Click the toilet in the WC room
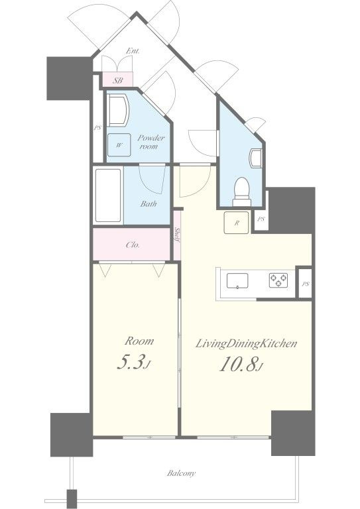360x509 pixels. [x=241, y=192]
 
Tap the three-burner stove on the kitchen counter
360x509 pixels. [x=278, y=280]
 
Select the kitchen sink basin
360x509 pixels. [x=237, y=280]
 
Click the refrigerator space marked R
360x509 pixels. [x=236, y=223]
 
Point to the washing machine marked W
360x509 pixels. [x=119, y=145]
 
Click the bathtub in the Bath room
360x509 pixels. [x=109, y=196]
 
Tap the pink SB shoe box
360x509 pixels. [x=117, y=80]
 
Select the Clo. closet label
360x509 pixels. [x=133, y=245]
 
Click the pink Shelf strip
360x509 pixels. [x=177, y=235]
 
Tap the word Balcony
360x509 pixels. [x=181, y=473]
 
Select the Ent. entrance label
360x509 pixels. [x=133, y=51]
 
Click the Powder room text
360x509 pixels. [x=150, y=142]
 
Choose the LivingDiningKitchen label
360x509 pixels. [x=246, y=344]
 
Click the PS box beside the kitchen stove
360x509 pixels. [x=305, y=283]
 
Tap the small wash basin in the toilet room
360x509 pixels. [x=255, y=158]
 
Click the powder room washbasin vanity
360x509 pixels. [x=117, y=111]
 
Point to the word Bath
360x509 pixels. [x=149, y=204]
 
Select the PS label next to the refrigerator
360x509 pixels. [x=261, y=219]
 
